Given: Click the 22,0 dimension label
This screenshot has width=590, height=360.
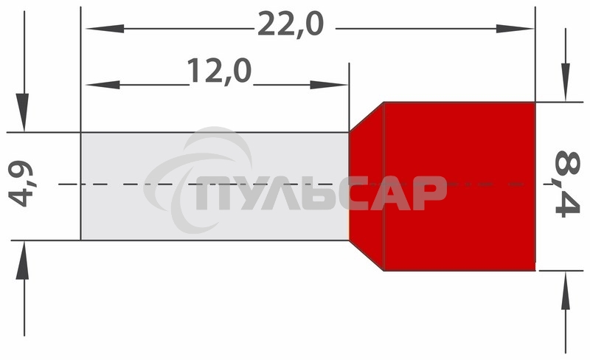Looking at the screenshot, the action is click(x=290, y=24).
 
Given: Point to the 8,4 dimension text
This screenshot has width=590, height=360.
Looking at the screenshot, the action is click(x=567, y=184).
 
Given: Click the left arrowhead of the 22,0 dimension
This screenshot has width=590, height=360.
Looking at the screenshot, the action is click(x=105, y=29).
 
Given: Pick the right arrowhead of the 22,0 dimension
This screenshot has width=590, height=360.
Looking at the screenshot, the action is click(x=515, y=29).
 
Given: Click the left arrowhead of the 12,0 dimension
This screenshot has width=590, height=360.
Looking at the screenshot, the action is click(x=103, y=85).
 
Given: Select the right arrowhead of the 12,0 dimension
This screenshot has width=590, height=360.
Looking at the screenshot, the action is click(x=328, y=85).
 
